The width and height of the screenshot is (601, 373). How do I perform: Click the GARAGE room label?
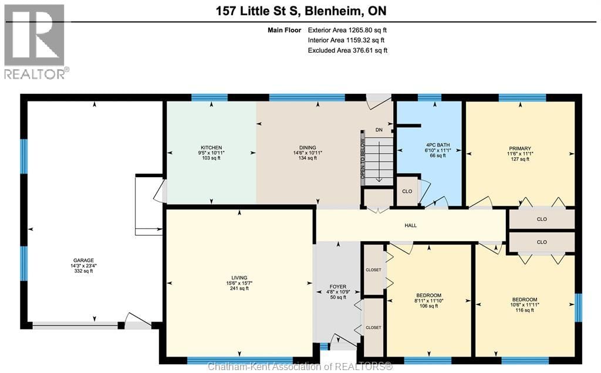pos(84,260)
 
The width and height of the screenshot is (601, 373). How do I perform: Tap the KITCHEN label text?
pos(211,147)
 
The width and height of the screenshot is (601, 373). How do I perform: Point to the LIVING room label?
pos(239,277)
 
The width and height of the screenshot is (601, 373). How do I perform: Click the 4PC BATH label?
pos(435,145)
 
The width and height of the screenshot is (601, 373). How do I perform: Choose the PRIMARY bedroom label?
pos(519,148)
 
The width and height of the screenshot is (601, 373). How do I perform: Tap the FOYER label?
pos(338,287)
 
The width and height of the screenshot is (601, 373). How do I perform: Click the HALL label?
pos(411,225)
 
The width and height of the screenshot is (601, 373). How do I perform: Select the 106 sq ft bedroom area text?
pos(429,306)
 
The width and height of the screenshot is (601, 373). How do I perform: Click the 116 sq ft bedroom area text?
pos(524,310)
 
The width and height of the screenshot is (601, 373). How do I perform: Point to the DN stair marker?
pos(379,130)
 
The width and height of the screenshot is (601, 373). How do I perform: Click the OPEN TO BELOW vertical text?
pos(363,158)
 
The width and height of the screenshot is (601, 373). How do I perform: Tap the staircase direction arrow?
pos(380,164)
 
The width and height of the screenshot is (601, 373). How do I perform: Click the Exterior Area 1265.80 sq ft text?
pos(347,29)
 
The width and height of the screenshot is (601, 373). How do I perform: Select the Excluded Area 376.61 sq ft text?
pos(347,50)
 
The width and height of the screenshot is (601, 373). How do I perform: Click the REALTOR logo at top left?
pos(35,41)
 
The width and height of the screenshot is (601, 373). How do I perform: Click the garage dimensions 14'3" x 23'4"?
pos(84,266)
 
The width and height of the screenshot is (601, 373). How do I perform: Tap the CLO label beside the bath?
pos(407,191)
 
